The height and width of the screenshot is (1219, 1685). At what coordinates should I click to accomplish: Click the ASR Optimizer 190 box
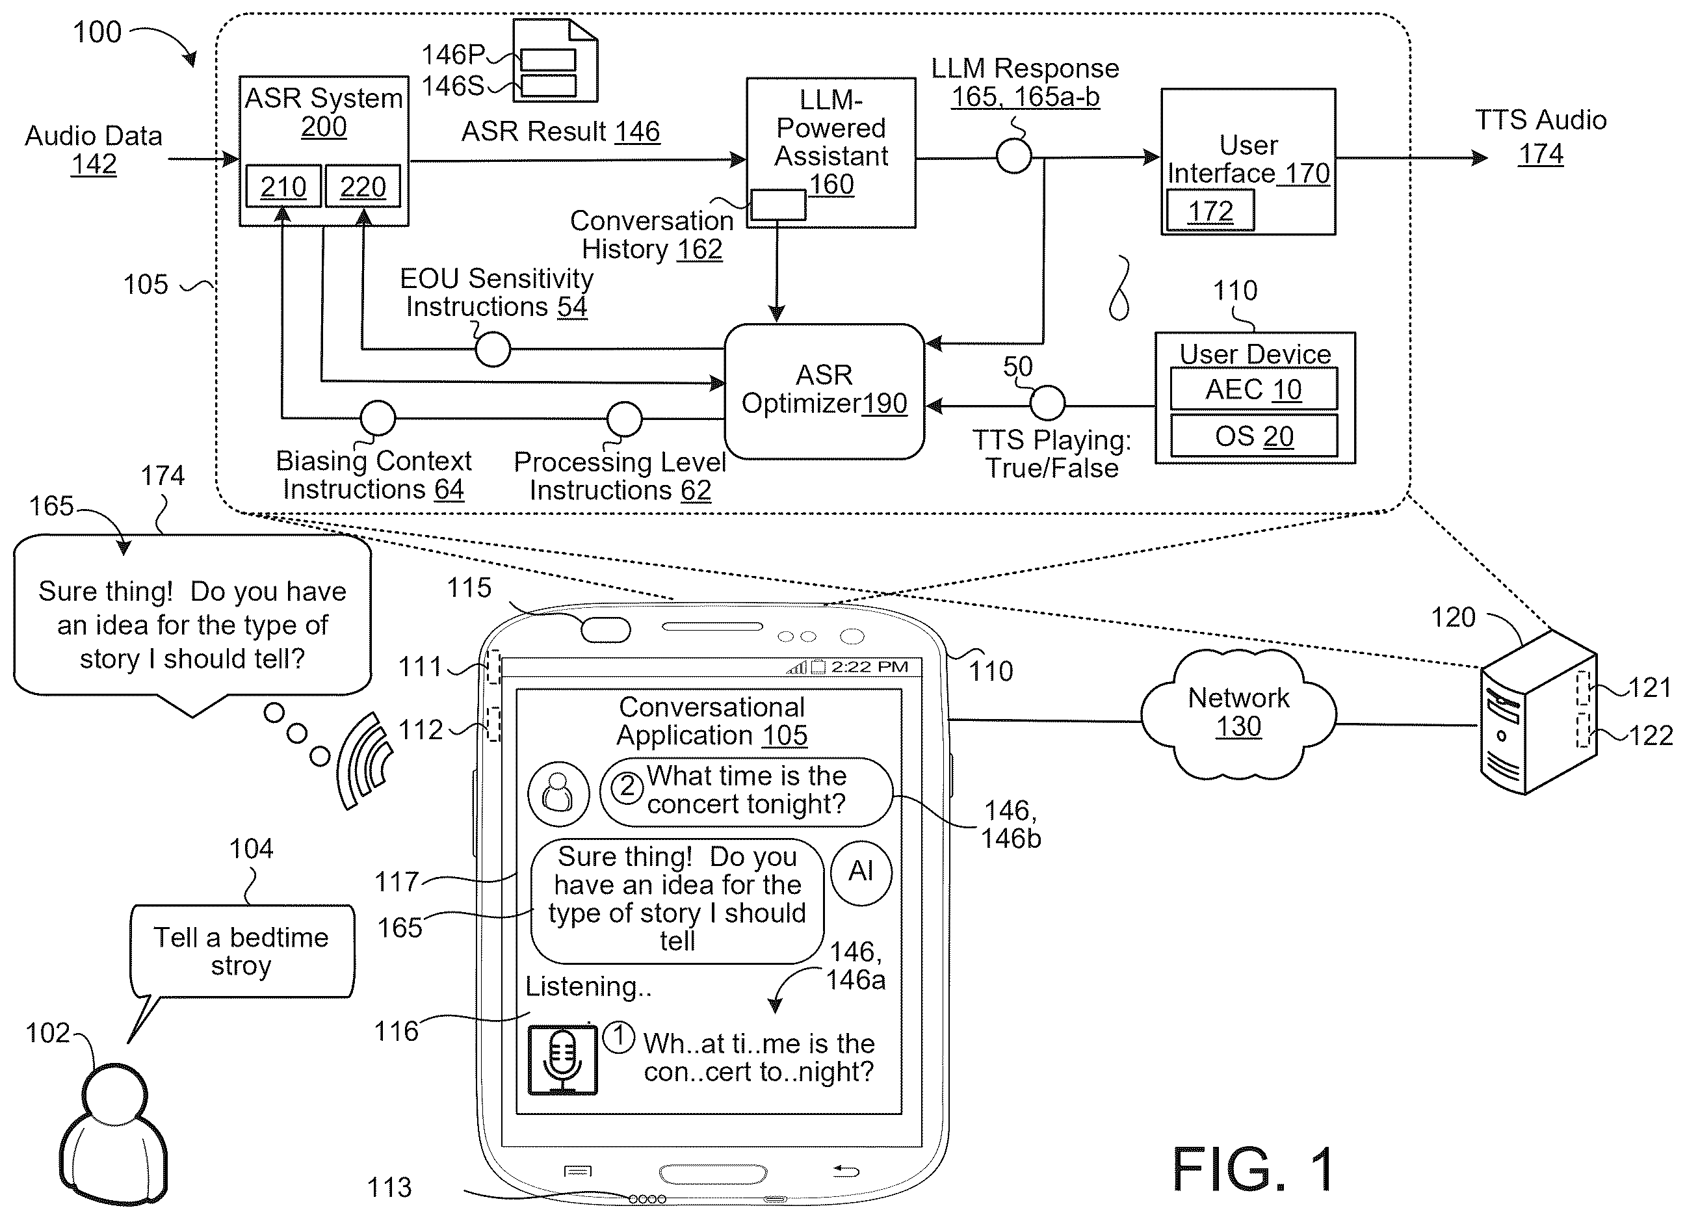(824, 391)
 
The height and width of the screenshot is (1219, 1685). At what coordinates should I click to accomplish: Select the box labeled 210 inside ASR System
(283, 186)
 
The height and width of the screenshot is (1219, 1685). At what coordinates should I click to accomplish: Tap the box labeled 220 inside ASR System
(363, 186)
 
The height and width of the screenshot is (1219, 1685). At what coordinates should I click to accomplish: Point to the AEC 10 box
(1253, 389)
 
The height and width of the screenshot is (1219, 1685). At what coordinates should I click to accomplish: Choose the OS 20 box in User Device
(1253, 436)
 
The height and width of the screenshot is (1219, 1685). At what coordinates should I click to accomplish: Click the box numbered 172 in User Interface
(1210, 211)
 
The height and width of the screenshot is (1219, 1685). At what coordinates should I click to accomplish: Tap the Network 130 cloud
(1238, 714)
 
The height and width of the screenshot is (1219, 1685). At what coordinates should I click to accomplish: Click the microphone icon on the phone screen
(562, 1060)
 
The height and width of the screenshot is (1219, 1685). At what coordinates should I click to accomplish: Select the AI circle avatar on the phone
(861, 871)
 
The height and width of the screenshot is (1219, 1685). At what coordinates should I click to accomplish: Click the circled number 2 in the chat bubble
(628, 787)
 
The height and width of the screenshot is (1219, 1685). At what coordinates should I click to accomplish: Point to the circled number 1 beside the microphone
(619, 1037)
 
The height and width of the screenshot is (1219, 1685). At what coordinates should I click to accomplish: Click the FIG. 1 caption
(1253, 1168)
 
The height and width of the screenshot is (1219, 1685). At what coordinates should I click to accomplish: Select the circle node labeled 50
(1047, 403)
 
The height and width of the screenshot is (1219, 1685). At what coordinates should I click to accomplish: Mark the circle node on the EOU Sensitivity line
(493, 348)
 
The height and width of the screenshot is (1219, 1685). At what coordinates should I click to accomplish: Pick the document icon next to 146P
(556, 61)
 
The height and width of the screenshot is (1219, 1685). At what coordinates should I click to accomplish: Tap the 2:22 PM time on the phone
(869, 666)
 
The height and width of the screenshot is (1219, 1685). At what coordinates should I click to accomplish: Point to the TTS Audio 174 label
(1540, 137)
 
